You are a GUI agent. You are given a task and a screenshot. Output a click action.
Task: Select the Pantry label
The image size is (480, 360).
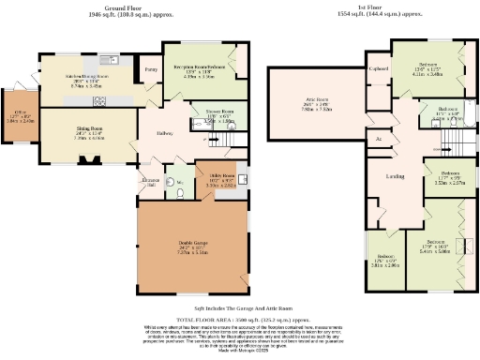(150, 68)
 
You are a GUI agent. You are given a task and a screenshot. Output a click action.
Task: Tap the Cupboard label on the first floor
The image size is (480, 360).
(378, 68)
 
